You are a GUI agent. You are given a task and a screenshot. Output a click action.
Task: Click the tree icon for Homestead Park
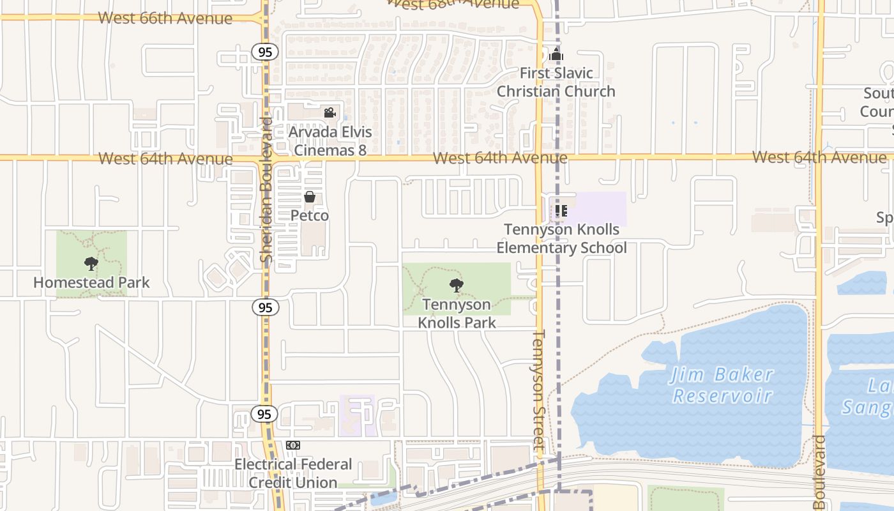point(91,263)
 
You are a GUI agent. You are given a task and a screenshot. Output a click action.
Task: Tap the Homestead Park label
point(91,282)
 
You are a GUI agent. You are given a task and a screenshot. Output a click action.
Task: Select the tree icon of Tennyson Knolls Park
point(456,286)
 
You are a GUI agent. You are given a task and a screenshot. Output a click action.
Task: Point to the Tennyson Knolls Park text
point(457,314)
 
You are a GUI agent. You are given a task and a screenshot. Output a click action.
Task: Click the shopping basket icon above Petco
point(310,197)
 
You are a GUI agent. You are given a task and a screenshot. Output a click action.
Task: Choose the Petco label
point(310,216)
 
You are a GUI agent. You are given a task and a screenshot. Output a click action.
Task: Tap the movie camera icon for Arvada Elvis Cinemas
point(330,113)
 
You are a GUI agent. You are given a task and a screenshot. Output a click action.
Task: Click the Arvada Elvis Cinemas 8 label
point(330,141)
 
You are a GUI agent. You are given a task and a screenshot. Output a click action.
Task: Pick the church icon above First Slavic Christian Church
point(556,54)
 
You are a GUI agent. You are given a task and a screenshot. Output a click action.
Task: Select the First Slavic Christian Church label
point(556,82)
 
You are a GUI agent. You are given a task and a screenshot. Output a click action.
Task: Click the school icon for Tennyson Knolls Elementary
point(561,210)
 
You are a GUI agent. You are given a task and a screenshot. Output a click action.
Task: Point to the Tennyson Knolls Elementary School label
point(562,238)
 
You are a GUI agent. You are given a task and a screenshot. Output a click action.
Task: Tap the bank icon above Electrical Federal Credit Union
point(293,445)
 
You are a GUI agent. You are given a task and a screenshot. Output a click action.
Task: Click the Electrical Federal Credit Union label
point(293,473)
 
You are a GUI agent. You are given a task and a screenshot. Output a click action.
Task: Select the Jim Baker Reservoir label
point(722,385)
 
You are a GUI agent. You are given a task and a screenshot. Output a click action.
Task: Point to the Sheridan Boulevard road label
point(267,190)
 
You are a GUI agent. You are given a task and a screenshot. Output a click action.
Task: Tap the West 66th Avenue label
point(165,18)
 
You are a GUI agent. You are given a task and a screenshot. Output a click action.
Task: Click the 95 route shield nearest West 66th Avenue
point(265,52)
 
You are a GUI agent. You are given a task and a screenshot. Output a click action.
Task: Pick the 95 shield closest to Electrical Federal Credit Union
point(265,414)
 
